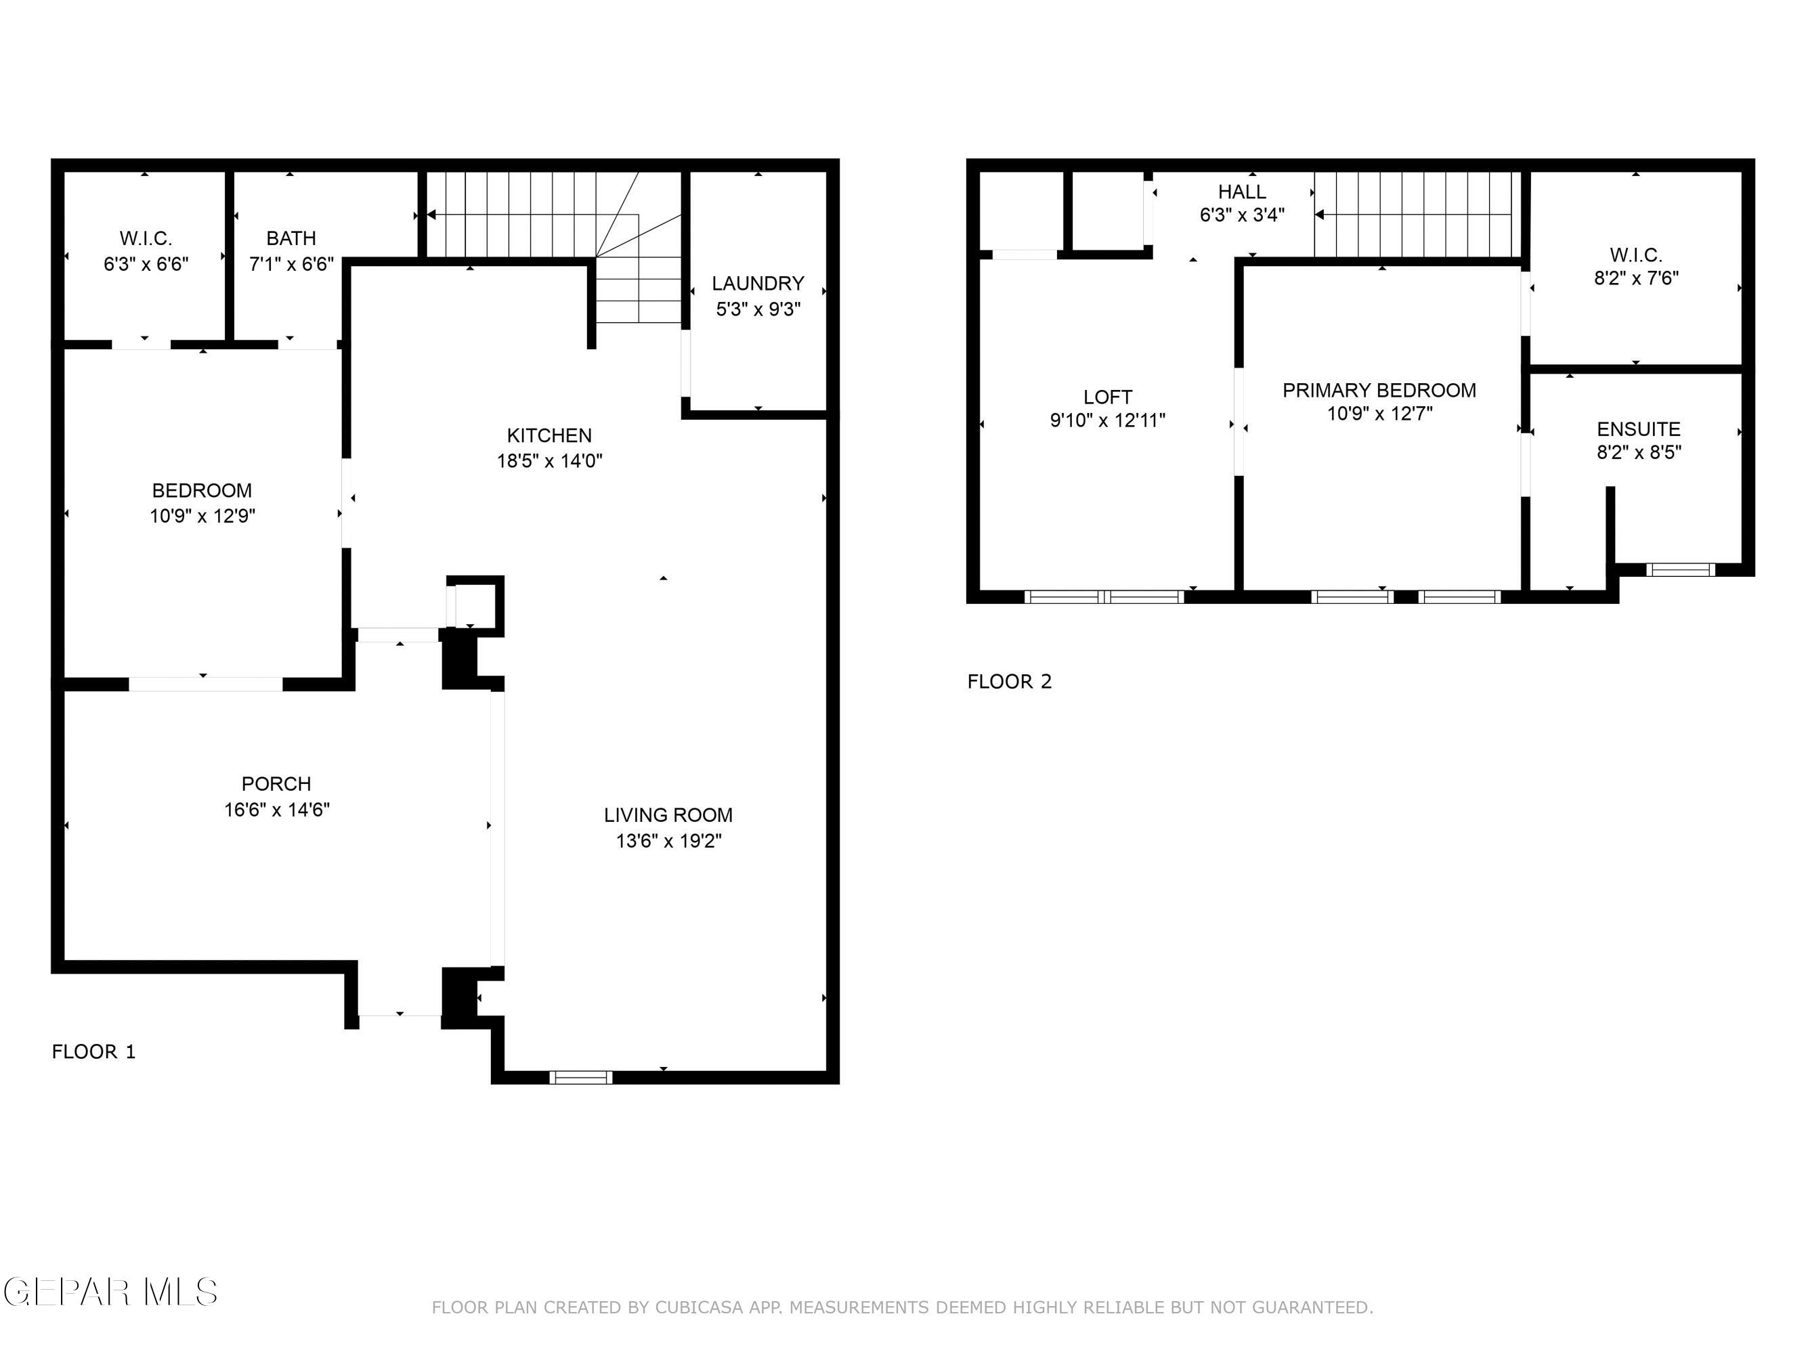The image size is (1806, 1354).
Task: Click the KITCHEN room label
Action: click(549, 435)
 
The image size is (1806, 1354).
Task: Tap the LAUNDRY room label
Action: click(758, 283)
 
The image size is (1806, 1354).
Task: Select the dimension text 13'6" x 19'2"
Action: click(668, 841)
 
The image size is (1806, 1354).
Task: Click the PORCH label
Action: click(276, 783)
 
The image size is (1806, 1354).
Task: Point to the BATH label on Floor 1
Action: click(291, 238)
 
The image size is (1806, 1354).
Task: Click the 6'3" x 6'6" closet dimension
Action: click(146, 265)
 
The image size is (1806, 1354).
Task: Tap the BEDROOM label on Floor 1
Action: click(202, 491)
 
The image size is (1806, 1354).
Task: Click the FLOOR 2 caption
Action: click(1009, 682)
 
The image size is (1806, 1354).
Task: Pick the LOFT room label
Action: click(1107, 397)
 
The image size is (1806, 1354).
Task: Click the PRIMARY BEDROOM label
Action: click(1378, 390)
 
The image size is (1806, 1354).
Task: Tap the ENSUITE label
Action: click(1638, 429)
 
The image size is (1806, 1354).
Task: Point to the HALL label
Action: click(1241, 192)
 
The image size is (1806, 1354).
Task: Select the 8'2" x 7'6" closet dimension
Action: click(1635, 278)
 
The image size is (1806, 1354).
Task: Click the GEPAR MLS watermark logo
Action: click(110, 1292)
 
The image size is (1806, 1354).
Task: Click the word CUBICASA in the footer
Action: click(699, 1307)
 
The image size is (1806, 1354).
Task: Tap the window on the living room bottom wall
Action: click(580, 1077)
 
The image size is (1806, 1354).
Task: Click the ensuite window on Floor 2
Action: click(1679, 569)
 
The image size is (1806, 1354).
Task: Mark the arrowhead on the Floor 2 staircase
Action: click(1319, 215)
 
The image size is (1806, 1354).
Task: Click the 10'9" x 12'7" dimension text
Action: click(1378, 414)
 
